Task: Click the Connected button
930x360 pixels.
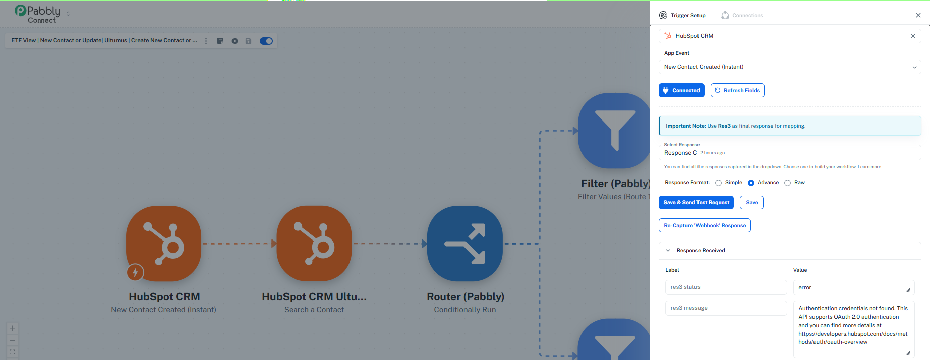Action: click(681, 90)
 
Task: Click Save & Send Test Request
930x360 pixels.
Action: click(696, 202)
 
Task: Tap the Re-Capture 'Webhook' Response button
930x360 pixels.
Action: click(705, 225)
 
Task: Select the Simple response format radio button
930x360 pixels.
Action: click(719, 183)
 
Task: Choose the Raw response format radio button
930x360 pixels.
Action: click(788, 183)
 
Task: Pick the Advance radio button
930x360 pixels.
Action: click(751, 183)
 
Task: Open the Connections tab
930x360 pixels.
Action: click(742, 15)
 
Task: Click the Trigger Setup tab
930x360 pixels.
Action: click(682, 15)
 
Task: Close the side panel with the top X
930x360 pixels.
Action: click(918, 15)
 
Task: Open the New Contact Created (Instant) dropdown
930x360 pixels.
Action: click(790, 67)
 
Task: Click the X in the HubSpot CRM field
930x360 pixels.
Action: click(913, 36)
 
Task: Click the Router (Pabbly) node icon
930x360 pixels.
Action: click(465, 244)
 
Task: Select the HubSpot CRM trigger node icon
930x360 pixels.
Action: click(164, 244)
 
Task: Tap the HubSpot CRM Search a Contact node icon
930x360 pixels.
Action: click(314, 244)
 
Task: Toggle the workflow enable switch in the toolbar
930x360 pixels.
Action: click(266, 41)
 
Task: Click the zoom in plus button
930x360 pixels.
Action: click(13, 328)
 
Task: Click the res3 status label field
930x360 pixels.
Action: click(726, 287)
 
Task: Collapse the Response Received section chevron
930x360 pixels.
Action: click(668, 250)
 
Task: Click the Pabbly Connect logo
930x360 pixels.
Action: click(38, 14)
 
